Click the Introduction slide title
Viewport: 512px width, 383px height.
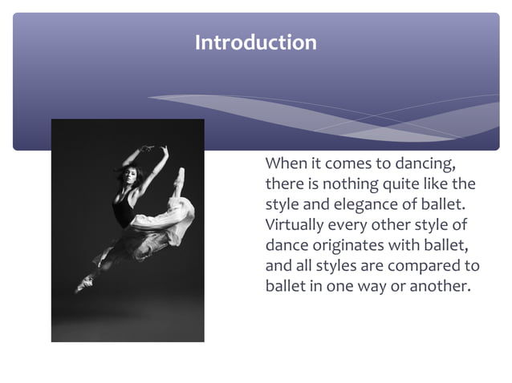(x=255, y=42)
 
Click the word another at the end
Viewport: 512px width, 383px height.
(x=439, y=286)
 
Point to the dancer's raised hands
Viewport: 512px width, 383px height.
(x=153, y=148)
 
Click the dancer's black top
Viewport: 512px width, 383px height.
(x=122, y=211)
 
